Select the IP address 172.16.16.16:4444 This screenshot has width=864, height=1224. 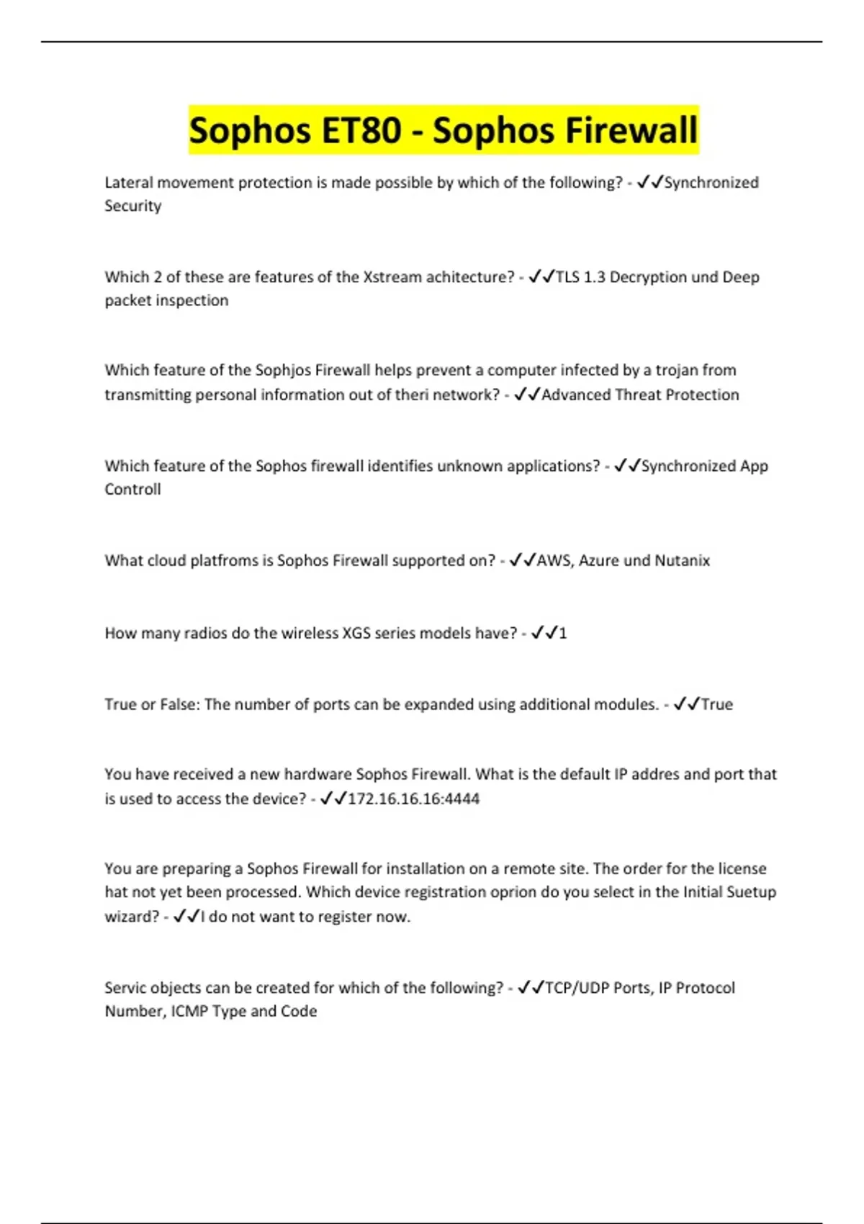(x=413, y=798)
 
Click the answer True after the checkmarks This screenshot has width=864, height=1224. (x=717, y=704)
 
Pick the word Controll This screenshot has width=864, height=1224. (x=132, y=490)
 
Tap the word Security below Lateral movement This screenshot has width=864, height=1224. (x=132, y=206)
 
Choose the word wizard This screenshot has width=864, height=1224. (x=127, y=917)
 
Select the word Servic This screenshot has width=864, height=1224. (x=127, y=988)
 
